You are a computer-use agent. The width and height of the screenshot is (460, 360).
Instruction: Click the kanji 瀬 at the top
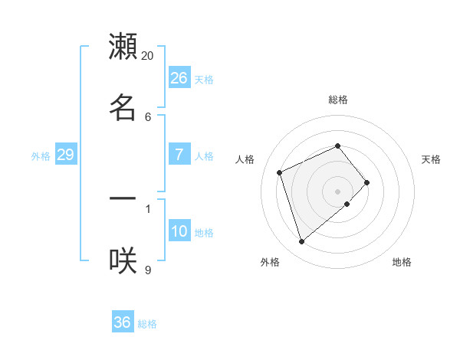coord(123,47)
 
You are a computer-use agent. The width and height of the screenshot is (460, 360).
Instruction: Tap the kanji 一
coord(123,199)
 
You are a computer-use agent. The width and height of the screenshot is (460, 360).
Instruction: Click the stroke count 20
coord(148,55)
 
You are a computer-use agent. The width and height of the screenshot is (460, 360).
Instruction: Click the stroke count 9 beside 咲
coord(148,269)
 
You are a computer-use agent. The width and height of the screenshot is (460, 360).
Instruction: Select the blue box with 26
coord(179,77)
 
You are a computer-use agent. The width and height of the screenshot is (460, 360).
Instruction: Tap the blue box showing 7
coord(179,155)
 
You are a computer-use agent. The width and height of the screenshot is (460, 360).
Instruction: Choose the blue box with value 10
coord(179,231)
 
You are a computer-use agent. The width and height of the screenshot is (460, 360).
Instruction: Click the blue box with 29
coord(65,155)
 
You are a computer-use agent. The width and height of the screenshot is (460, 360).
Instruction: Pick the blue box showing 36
coord(123,322)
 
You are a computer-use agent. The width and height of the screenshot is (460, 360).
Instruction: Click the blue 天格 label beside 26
coord(204,79)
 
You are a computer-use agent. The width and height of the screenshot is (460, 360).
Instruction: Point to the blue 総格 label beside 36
coord(147,324)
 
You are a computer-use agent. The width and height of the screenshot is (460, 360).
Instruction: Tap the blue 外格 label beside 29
coord(41,156)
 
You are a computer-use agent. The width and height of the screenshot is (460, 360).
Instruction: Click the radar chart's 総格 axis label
coord(338,100)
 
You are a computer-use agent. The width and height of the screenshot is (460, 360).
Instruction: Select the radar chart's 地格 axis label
coord(402,262)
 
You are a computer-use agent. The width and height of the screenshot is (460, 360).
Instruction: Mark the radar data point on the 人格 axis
coord(280,172)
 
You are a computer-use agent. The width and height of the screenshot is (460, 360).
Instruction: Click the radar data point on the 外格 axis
coord(301,242)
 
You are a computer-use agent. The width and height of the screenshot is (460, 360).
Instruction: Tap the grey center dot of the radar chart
coord(338,191)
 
